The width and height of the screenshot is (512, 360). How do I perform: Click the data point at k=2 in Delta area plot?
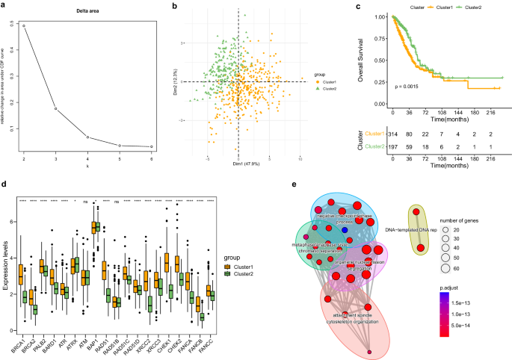[24, 26]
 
